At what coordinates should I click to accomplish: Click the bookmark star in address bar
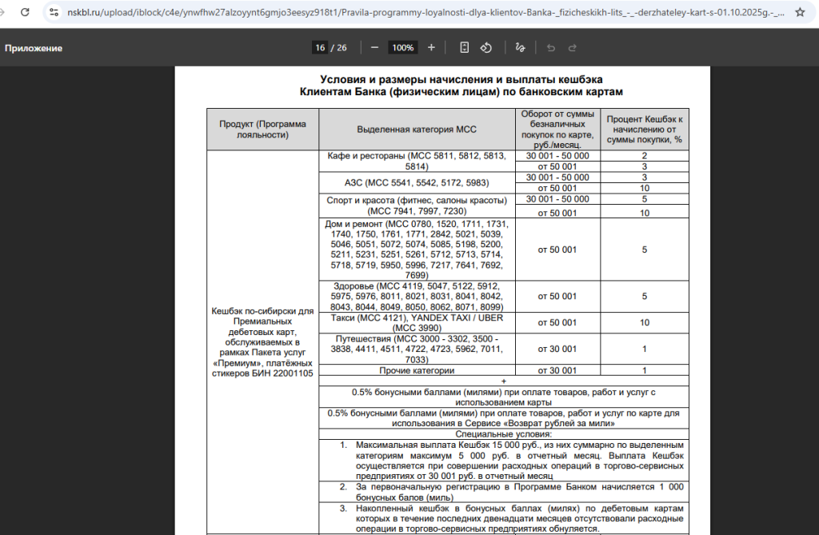pos(799,13)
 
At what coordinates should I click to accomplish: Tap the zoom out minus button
pos(374,48)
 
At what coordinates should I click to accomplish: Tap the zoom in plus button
pos(431,48)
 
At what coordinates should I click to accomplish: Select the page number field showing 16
pos(320,48)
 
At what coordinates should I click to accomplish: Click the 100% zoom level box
pos(402,48)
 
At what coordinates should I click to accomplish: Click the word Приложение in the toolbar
pos(34,48)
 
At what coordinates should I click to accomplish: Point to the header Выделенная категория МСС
pos(417,129)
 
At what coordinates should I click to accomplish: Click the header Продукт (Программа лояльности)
pos(262,129)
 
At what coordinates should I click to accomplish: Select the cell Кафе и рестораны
pos(417,161)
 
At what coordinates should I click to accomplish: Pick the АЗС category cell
pos(417,182)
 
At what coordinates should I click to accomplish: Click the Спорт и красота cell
pos(417,205)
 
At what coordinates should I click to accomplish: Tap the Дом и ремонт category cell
pos(417,249)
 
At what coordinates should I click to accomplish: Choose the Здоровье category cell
pos(417,296)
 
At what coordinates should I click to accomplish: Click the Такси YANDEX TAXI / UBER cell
pos(417,322)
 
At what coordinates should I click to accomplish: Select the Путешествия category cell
pos(417,349)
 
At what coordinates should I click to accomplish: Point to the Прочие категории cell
pos(417,370)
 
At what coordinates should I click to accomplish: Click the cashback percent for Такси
pos(644,322)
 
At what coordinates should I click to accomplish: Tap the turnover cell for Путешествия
pos(557,349)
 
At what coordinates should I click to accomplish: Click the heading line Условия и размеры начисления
pos(461,79)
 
